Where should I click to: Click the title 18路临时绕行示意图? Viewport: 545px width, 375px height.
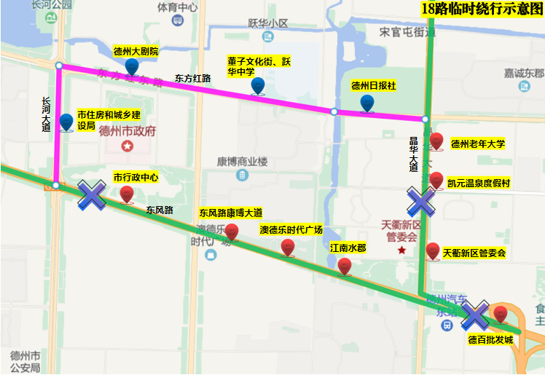click(x=482, y=9)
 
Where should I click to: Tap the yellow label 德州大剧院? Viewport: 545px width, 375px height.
click(x=136, y=52)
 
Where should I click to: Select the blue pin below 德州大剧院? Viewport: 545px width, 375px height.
click(x=132, y=67)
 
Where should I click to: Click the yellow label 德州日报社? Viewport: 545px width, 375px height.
click(x=373, y=85)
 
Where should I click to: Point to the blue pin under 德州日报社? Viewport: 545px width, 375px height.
click(x=367, y=104)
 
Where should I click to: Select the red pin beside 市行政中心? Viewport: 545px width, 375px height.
click(x=127, y=194)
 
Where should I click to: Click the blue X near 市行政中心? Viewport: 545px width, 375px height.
click(x=93, y=195)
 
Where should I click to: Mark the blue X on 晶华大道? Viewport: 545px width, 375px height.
click(x=421, y=202)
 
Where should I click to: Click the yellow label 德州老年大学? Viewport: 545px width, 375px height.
click(x=477, y=143)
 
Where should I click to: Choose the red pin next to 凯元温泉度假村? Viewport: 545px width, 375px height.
click(x=436, y=180)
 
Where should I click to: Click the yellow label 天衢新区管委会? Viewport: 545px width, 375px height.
click(x=474, y=253)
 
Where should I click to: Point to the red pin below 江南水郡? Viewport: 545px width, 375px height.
click(x=345, y=267)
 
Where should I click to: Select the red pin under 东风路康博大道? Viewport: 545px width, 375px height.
click(x=232, y=232)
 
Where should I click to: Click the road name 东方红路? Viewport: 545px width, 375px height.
click(x=192, y=77)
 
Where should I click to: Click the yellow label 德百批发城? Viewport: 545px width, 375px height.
click(x=490, y=339)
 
